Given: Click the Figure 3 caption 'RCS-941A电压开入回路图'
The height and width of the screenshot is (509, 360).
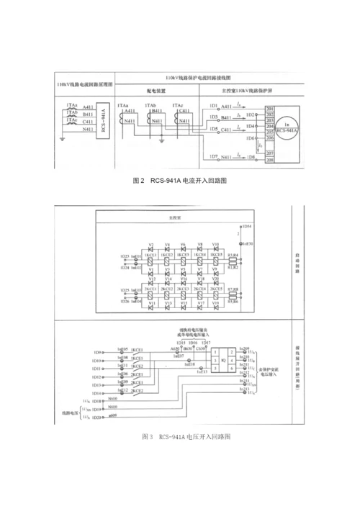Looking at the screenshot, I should (186, 436).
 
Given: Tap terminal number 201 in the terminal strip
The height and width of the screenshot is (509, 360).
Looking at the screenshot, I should (269, 108).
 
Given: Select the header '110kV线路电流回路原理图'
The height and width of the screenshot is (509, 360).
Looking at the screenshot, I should (84, 85).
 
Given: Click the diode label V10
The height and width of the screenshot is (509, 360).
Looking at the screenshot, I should (216, 245).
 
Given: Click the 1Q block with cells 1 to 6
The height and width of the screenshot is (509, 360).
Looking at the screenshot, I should (224, 358).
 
